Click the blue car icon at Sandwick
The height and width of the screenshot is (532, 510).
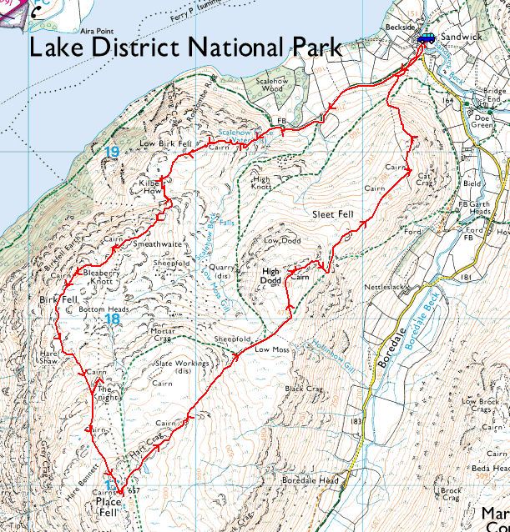click(x=426, y=38)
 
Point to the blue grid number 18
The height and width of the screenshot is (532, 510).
click(x=114, y=319)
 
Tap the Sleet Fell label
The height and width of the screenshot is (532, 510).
click(x=333, y=214)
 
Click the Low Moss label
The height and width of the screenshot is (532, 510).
click(x=272, y=350)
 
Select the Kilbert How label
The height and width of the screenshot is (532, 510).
click(x=149, y=186)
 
